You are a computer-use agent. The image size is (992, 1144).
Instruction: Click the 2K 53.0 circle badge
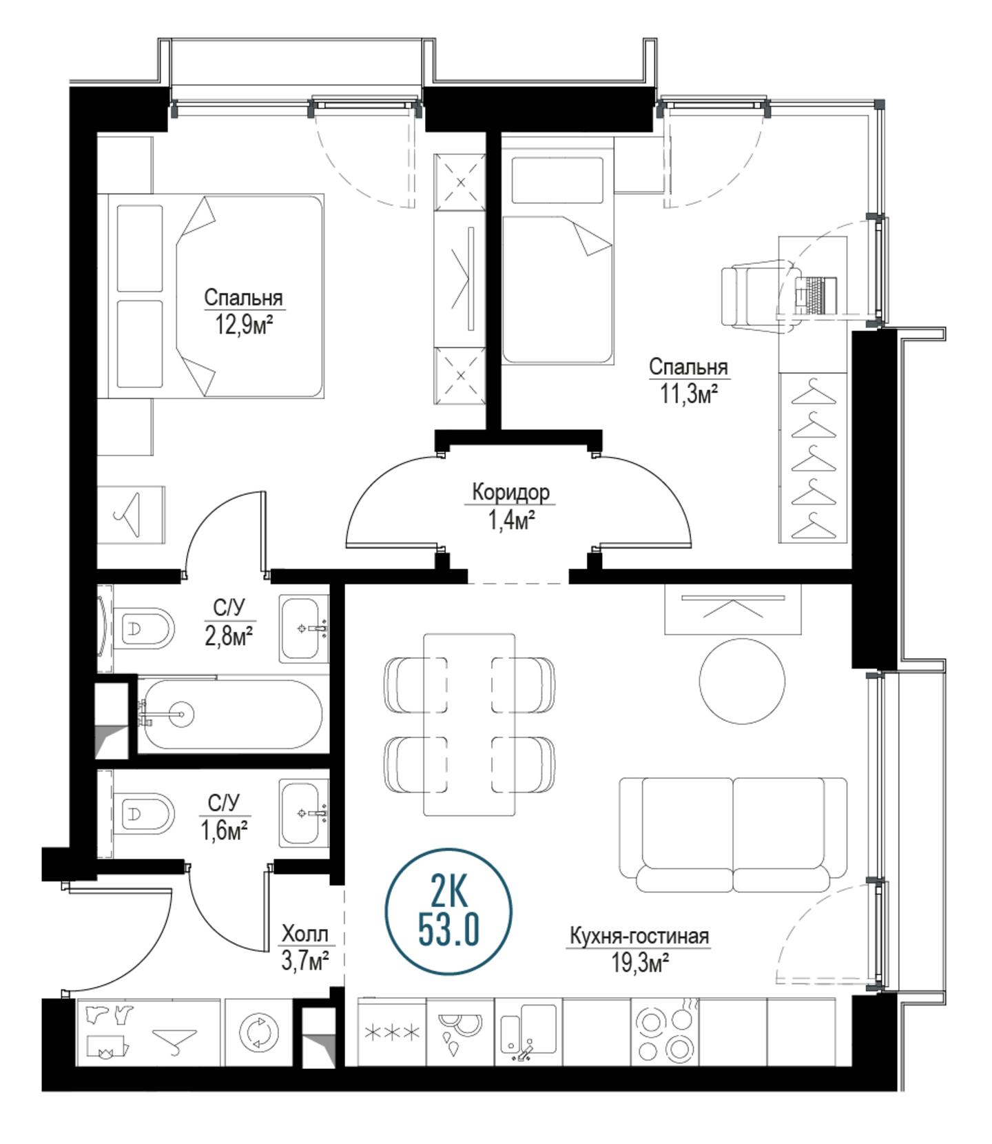pos(448,912)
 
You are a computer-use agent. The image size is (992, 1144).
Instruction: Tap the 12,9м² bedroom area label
pos(243,323)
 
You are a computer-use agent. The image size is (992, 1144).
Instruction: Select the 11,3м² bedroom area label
pos(689,394)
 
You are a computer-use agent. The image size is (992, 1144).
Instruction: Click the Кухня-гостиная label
pos(639,936)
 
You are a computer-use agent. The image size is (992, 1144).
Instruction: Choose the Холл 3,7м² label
pos(304,946)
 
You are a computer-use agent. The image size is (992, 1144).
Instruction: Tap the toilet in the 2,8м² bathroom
pos(145,628)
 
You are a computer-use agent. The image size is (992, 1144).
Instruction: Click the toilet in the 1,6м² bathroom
pos(145,813)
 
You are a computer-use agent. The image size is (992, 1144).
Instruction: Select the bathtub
pos(230,715)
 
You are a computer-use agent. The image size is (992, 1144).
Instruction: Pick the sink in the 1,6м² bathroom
pos(304,813)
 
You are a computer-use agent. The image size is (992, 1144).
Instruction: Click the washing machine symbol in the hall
pos(258,1032)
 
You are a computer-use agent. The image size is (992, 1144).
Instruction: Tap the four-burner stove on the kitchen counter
pos(665,1032)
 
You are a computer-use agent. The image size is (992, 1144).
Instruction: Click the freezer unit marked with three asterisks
pos(392,1032)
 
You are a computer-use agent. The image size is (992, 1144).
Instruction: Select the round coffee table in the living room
pos(742,681)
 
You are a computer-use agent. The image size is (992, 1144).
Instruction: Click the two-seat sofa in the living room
pos(733,835)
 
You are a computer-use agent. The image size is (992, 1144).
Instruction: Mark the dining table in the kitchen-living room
pos(469,724)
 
